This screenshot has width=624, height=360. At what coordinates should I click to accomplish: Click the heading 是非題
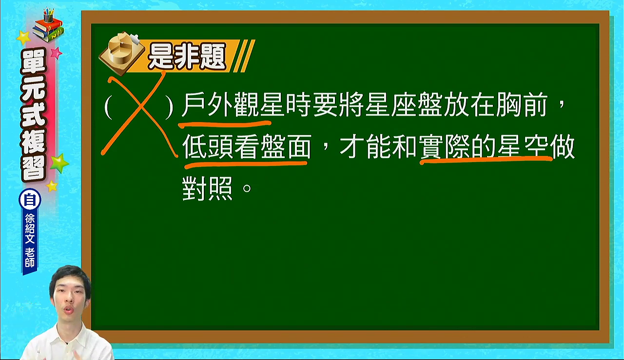click(187, 56)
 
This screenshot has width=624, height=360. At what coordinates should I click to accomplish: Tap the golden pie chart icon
click(122, 53)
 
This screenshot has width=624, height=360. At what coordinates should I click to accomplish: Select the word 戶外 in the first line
click(208, 105)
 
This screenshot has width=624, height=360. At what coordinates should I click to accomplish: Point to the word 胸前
click(522, 105)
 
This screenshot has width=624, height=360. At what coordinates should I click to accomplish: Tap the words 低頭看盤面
click(247, 146)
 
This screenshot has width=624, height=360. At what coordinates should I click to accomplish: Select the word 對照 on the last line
click(208, 188)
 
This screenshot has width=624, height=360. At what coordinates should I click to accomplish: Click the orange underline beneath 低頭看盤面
click(246, 164)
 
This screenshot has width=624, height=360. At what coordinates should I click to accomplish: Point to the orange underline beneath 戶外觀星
click(225, 124)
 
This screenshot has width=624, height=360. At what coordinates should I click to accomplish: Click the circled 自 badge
click(30, 200)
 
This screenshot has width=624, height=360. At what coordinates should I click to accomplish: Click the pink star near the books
click(56, 52)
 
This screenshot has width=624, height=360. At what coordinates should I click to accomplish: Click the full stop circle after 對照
click(247, 188)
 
